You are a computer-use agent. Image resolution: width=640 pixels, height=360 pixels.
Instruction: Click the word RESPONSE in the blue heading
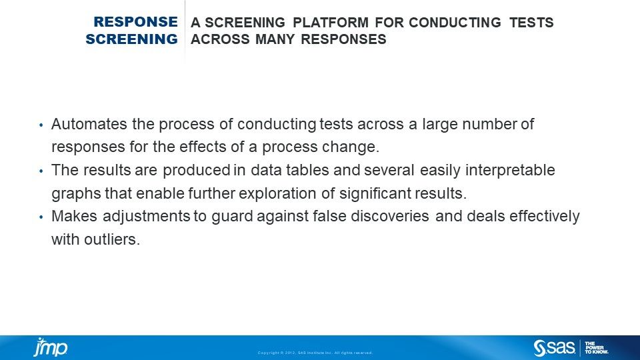(136, 23)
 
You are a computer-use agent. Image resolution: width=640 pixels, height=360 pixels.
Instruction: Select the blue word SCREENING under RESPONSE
(131, 39)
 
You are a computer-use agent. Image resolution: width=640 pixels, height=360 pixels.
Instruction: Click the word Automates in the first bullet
(83, 124)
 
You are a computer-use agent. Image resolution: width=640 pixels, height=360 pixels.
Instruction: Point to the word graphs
(73, 193)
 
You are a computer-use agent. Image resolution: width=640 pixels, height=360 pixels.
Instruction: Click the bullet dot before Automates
(41, 125)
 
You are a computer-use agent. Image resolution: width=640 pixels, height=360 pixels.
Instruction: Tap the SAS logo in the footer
(554, 347)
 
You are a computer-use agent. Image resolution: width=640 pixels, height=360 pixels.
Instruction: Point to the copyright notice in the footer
(315, 353)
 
